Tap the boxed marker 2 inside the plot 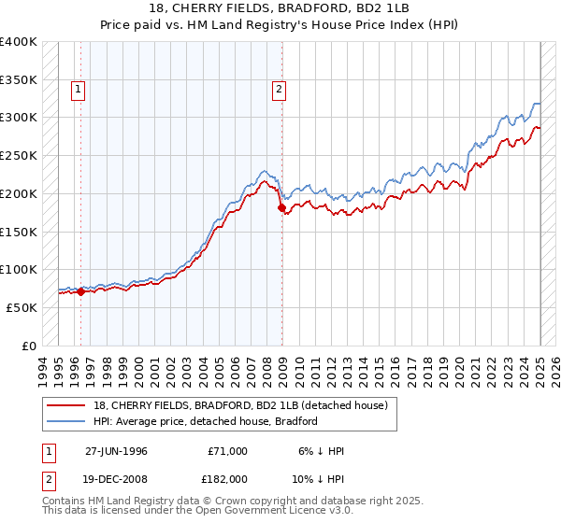click(279, 90)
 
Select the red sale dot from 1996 click(80, 291)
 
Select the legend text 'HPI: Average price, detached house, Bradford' click(204, 421)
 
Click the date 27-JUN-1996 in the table click(116, 450)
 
